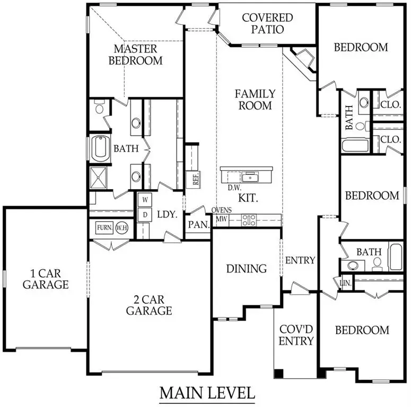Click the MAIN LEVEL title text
[x=207, y=393]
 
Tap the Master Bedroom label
[x=135, y=55]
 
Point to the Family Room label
[x=255, y=100]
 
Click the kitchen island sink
[x=248, y=175]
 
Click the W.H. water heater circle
[x=122, y=228]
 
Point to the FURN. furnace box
[x=104, y=228]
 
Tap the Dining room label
[x=246, y=269]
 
